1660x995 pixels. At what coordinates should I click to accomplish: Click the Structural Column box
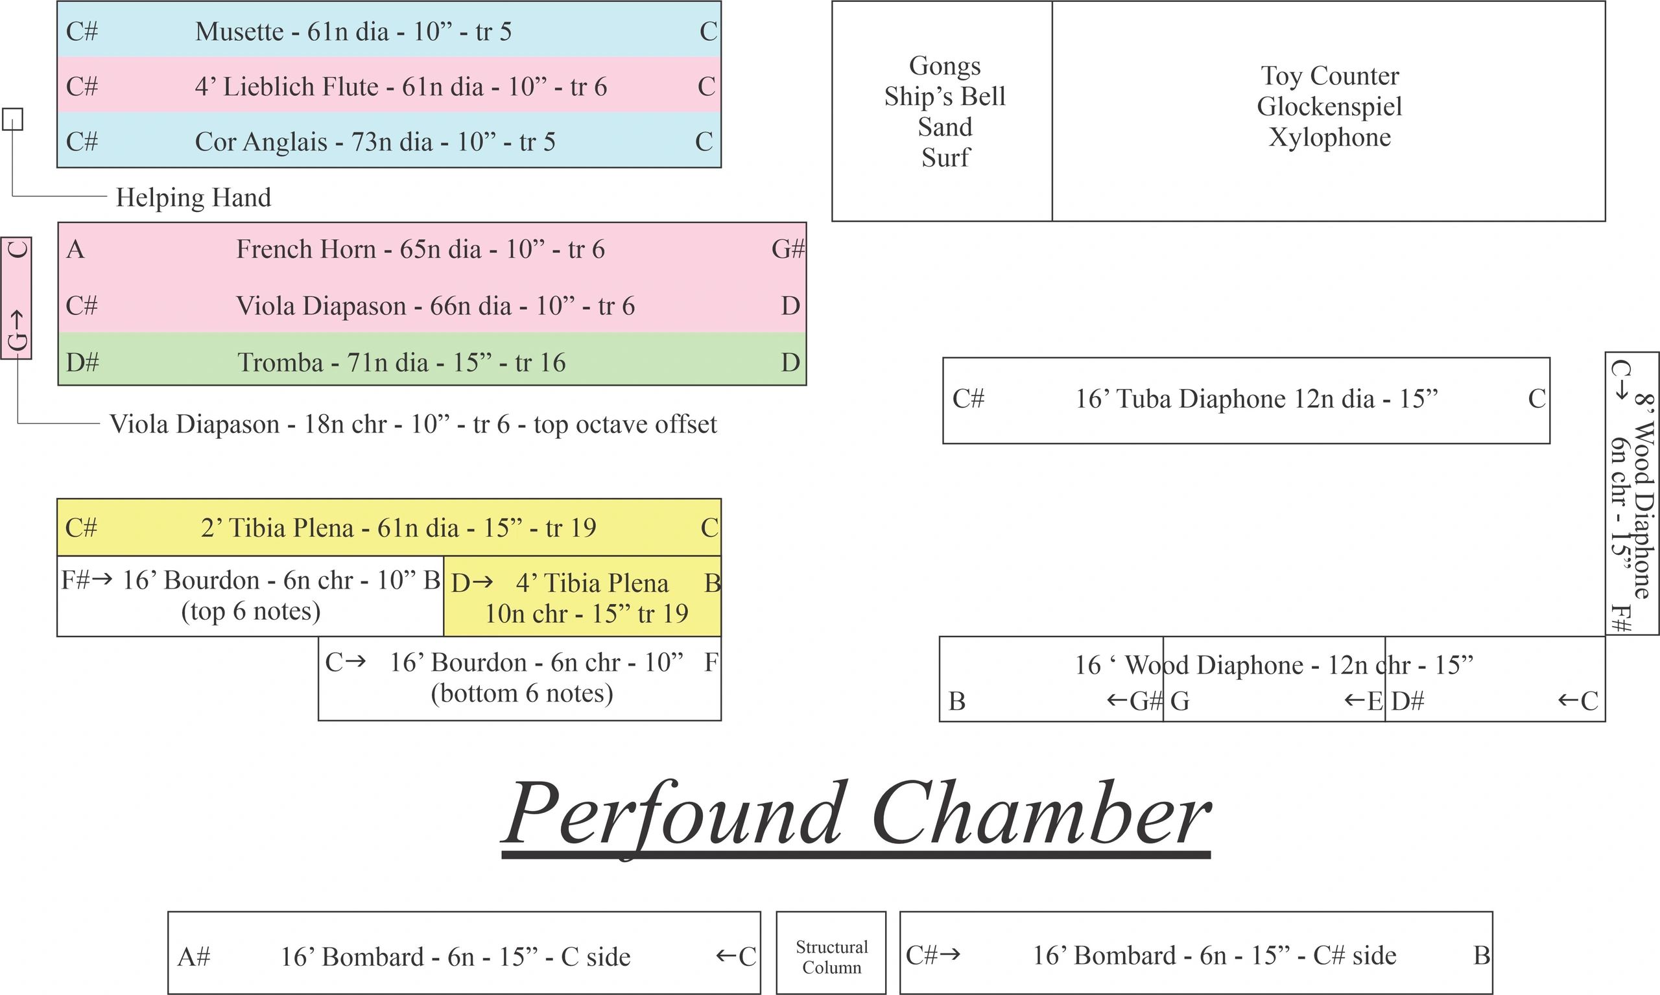[831, 952]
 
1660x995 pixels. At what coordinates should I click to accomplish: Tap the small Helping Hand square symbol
[13, 119]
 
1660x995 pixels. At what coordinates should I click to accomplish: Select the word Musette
[239, 32]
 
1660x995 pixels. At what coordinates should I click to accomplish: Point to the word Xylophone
[1329, 137]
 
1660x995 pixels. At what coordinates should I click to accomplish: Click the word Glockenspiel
[1329, 106]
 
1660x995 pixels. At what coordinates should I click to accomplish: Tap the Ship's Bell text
[944, 97]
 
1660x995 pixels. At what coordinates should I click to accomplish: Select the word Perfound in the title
[672, 815]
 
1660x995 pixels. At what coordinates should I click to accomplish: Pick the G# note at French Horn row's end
[788, 250]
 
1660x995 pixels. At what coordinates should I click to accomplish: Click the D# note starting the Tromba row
[82, 362]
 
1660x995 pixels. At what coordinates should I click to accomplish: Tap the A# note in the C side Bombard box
[194, 956]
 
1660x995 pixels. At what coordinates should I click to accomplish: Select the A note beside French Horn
[76, 250]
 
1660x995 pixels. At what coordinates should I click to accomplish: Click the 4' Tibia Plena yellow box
[582, 596]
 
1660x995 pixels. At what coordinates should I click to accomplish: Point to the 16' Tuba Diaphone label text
[1257, 399]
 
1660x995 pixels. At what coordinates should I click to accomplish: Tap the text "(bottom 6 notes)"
[522, 694]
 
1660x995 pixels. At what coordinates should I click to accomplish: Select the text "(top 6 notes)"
[251, 611]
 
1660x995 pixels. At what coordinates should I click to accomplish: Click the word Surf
[945, 158]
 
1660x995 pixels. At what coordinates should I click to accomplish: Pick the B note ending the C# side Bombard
[1482, 955]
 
